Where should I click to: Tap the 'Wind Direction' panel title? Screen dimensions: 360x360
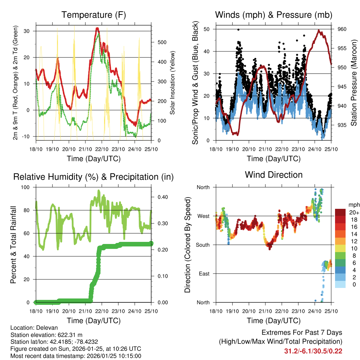tap(274, 175)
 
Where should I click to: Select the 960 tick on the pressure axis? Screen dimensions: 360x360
tap(342, 29)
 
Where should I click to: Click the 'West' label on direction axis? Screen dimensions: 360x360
tap(204, 216)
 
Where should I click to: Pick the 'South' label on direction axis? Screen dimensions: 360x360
tap(202, 245)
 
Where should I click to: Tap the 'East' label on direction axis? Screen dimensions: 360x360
tap(204, 274)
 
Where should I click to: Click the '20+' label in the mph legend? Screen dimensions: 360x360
tap(354, 212)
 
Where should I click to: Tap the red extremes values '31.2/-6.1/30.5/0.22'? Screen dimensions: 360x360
tap(313, 351)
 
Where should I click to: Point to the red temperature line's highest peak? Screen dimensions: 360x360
tap(97, 28)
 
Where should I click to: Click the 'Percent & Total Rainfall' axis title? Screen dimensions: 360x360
tap(13, 245)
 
